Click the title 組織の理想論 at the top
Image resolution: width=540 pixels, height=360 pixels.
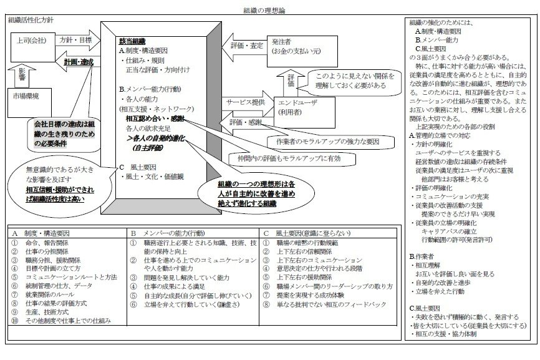point(264,11)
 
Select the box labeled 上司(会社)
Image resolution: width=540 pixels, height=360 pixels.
point(29,41)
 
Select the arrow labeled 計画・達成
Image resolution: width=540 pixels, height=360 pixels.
point(75,62)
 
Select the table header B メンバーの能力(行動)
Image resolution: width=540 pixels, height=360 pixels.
point(166,233)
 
